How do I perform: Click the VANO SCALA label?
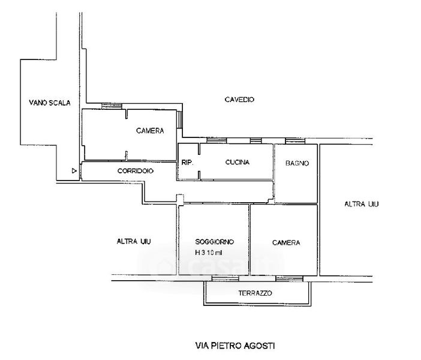click(x=50, y=103)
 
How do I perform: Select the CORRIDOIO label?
click(x=136, y=171)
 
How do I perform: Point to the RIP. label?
click(x=186, y=163)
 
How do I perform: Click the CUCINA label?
click(x=237, y=163)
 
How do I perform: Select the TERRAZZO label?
click(x=255, y=293)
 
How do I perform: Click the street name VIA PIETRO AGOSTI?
click(x=236, y=346)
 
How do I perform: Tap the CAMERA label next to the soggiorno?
click(x=285, y=243)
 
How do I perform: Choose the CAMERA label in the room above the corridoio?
click(x=150, y=131)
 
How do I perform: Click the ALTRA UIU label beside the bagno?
click(x=362, y=204)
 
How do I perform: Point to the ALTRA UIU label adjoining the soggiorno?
click(x=134, y=242)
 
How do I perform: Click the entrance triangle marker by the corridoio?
click(x=74, y=172)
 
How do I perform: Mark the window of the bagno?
click(x=294, y=142)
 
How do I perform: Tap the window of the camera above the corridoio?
click(x=112, y=106)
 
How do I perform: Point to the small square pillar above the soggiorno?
click(x=179, y=198)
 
